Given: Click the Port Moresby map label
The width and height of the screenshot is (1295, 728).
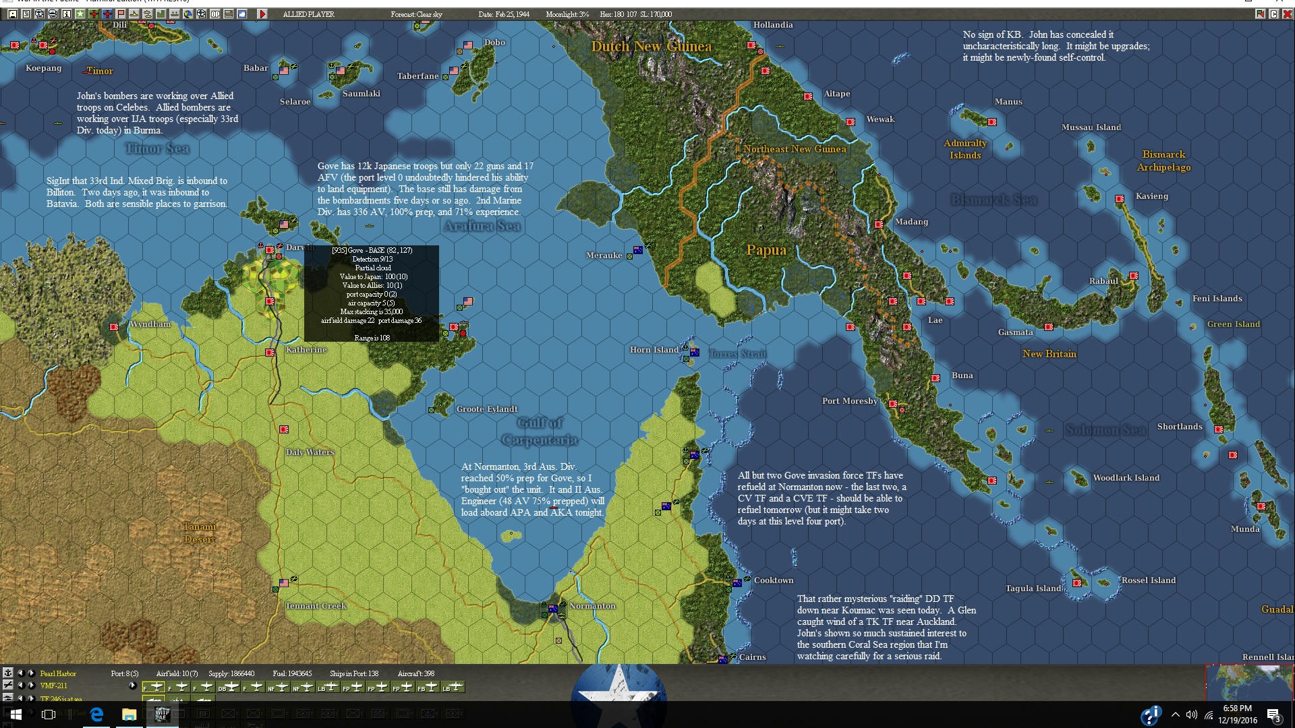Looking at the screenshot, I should pos(849,401).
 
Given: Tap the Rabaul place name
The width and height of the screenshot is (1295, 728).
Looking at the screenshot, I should pos(1103,281).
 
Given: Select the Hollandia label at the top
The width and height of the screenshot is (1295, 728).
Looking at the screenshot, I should pos(772,25).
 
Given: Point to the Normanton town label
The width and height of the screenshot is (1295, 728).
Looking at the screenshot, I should pos(592,606).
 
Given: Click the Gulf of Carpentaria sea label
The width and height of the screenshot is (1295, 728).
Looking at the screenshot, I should pos(540,431).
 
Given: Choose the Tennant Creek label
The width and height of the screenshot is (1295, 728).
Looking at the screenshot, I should pos(315,606).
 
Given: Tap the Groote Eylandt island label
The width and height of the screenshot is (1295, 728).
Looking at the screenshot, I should pos(487,409).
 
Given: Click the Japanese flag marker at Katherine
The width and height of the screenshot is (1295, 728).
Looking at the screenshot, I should pos(270,353).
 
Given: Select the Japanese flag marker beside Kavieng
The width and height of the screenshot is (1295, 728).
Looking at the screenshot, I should pos(1120,199).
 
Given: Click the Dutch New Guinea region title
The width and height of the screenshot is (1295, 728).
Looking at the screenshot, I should pos(651,47).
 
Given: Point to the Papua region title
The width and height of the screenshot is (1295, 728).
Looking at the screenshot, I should pos(766,250).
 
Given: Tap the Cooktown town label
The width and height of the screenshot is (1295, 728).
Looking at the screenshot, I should pos(773,580).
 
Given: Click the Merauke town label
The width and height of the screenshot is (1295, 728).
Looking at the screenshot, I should pos(604,255).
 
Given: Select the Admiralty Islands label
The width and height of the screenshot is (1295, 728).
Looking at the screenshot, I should pos(965,149).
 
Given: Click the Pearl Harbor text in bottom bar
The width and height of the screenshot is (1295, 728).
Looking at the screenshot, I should pos(58,673).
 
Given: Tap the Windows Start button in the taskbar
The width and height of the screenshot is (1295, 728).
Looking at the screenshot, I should pos(16,715).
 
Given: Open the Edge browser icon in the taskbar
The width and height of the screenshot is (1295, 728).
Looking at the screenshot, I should pos(96,715).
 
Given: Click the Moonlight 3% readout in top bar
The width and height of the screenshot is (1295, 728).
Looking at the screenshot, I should pos(567,14).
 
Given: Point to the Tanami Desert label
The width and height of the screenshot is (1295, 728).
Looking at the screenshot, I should pos(200,533).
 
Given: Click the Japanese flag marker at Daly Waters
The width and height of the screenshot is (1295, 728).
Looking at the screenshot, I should pos(284,429).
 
